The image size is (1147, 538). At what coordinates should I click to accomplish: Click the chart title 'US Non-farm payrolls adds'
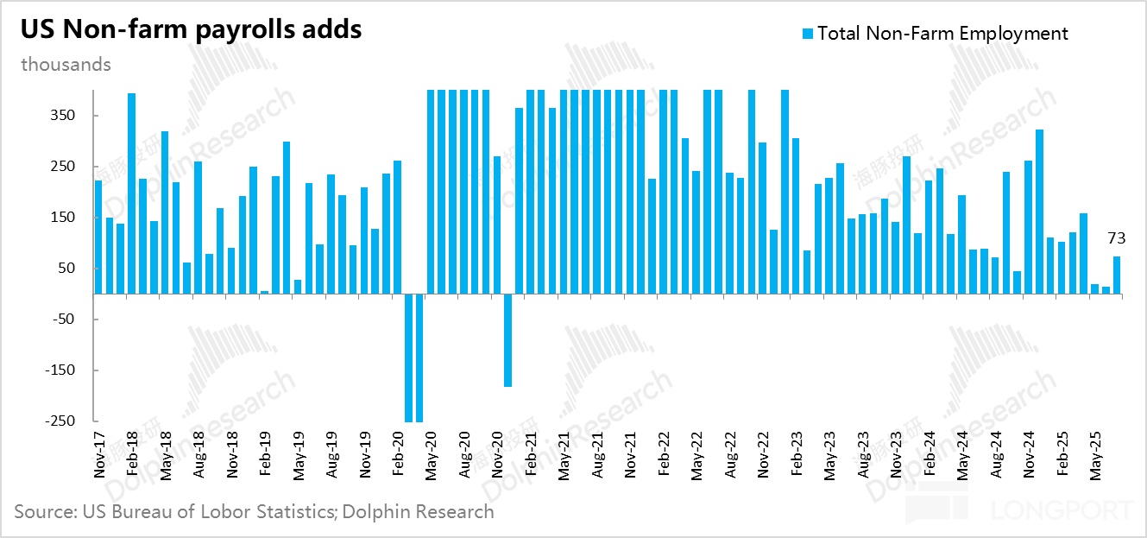pyautogui.click(x=191, y=29)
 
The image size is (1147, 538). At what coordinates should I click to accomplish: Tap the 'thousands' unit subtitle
pyautogui.click(x=66, y=65)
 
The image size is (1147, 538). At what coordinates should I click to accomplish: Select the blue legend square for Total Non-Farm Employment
pyautogui.click(x=808, y=34)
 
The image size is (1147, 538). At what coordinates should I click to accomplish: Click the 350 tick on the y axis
pyautogui.click(x=65, y=116)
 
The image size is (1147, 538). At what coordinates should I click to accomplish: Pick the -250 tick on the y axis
pyautogui.click(x=60, y=421)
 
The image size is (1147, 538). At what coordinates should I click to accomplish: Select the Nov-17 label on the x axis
pyautogui.click(x=99, y=449)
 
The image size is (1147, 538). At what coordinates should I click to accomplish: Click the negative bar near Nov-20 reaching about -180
pyautogui.click(x=508, y=340)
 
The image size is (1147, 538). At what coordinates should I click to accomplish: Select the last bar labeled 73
pyautogui.click(x=1117, y=275)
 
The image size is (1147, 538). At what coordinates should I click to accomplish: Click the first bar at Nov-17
pyautogui.click(x=98, y=237)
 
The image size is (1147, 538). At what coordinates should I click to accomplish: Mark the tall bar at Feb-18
pyautogui.click(x=132, y=193)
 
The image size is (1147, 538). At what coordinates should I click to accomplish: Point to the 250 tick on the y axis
pyautogui.click(x=65, y=167)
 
